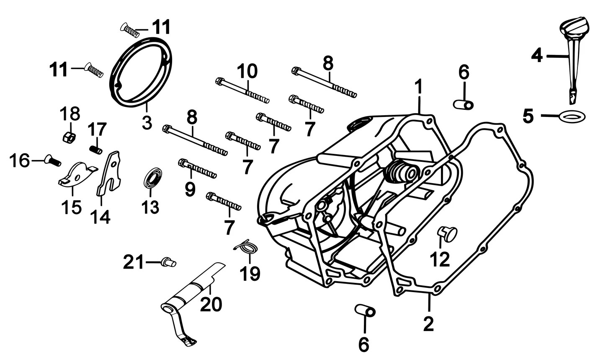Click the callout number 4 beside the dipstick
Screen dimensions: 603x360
(537, 56)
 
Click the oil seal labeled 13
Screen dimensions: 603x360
(153, 178)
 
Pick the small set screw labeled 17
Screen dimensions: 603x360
(95, 150)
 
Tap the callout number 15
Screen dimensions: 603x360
(71, 207)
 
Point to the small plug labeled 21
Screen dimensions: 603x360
(168, 262)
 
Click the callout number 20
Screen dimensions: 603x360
(211, 304)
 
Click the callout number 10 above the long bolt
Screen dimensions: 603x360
(247, 71)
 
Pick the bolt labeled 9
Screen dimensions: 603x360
(197, 168)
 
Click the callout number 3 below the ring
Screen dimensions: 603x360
(147, 123)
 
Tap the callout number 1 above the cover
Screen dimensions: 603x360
(419, 87)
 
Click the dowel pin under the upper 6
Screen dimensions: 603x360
(463, 104)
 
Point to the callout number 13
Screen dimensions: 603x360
(150, 207)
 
